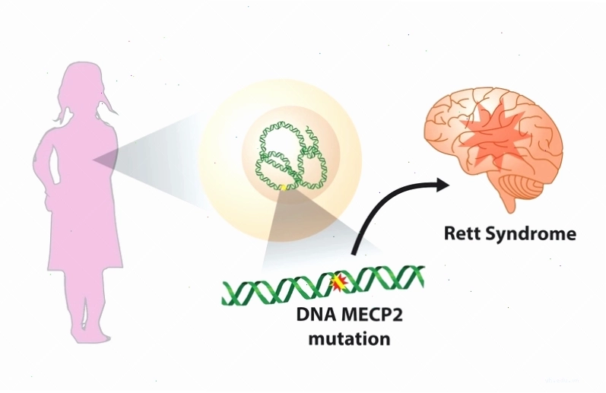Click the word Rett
click(x=462, y=234)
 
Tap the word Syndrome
click(x=530, y=235)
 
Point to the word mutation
click(x=349, y=338)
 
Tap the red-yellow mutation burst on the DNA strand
click(x=338, y=284)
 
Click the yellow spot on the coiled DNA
click(x=284, y=188)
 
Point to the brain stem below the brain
click(x=509, y=202)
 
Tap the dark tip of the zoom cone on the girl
click(x=94, y=160)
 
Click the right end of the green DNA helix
click(x=423, y=276)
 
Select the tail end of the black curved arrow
click(x=353, y=253)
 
